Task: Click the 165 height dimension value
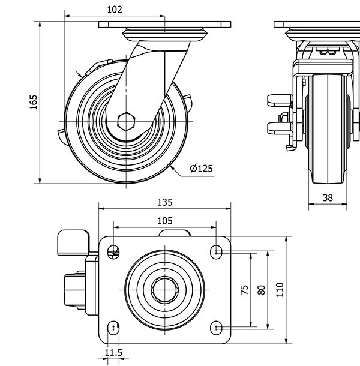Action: [x=34, y=102]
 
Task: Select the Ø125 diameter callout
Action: [x=201, y=169]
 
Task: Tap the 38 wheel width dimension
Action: [x=328, y=197]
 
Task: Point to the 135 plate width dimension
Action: [x=164, y=202]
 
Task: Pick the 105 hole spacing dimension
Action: [x=164, y=220]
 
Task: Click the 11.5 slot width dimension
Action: [x=113, y=352]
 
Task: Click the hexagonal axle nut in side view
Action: [x=127, y=121]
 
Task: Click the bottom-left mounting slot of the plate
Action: [x=113, y=327]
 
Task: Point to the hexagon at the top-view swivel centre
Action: [x=164, y=289]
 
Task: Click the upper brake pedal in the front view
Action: [x=278, y=98]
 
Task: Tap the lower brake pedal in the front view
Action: [x=278, y=127]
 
